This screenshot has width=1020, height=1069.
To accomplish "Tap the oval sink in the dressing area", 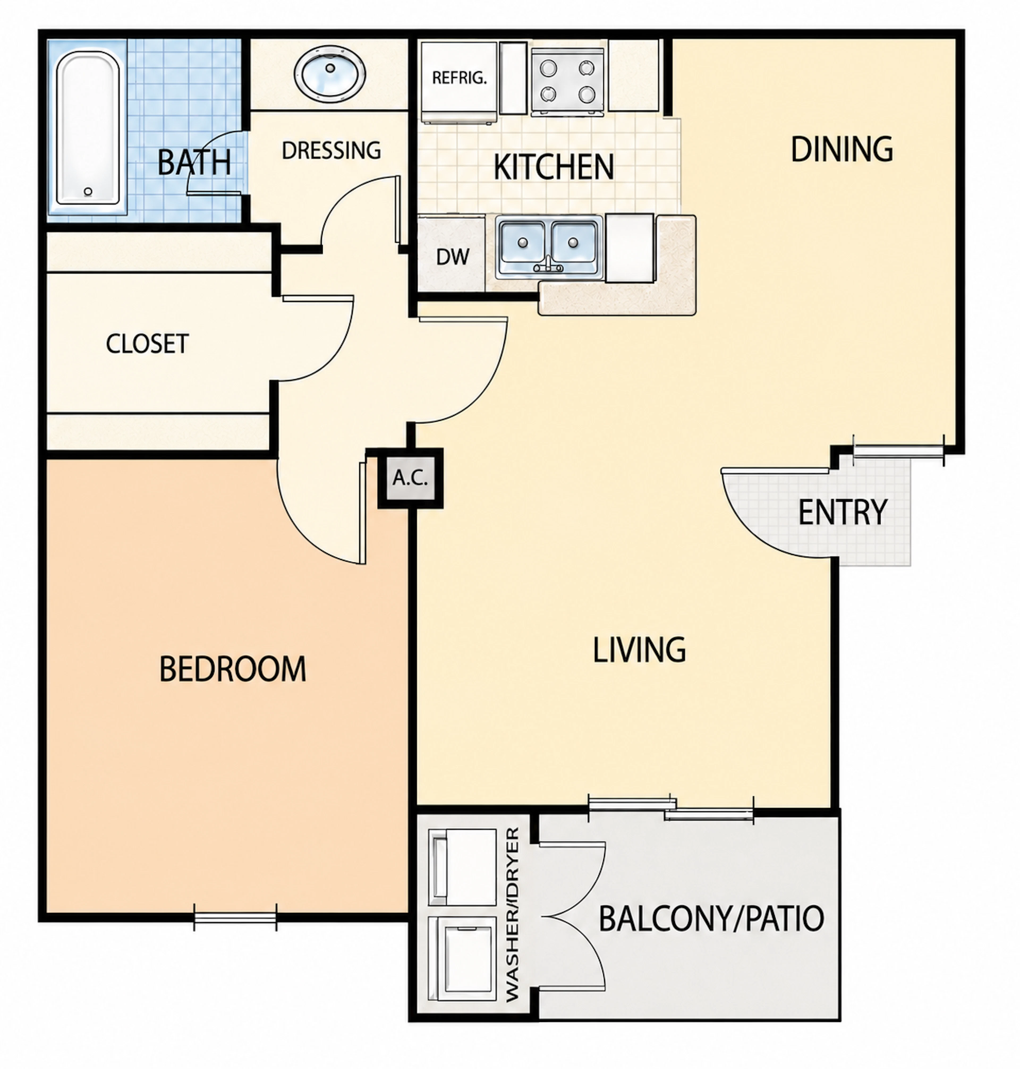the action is coord(329,73).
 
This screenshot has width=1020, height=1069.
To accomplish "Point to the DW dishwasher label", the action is coord(452,257).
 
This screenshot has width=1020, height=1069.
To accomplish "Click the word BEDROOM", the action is coord(233,669).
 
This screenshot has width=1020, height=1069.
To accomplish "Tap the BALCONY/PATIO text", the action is coord(711,918).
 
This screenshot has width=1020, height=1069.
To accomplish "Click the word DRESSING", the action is coord(331,151).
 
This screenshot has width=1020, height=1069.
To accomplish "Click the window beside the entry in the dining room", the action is coord(899,451).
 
